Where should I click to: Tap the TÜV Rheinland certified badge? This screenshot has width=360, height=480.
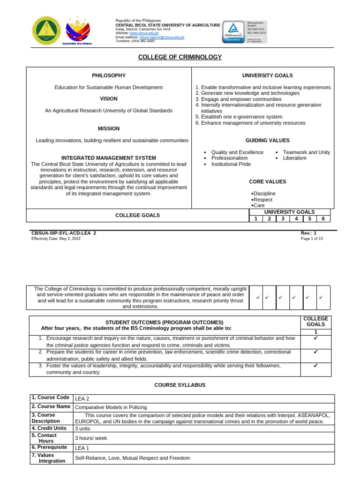pos(233,31)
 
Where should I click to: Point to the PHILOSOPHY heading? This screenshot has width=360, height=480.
pos(109,75)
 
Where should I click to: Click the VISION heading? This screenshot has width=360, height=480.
pos(109,99)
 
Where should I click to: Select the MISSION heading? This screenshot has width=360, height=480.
pos(109,128)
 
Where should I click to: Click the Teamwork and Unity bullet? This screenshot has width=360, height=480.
pos(306,152)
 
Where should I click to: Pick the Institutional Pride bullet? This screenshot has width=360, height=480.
pos(231,164)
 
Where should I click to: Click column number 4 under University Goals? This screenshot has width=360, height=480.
pos(296,218)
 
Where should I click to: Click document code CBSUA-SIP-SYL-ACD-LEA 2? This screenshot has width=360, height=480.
pos(63,233)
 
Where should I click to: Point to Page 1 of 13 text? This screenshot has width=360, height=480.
pos(312,239)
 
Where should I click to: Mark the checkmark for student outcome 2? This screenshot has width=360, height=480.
pos(315,352)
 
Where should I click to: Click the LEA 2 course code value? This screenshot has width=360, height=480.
pos(82,399)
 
